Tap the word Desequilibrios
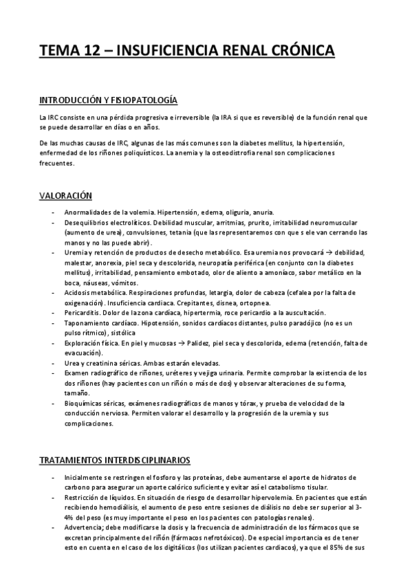pos(87,223)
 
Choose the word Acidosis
pos(78,293)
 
